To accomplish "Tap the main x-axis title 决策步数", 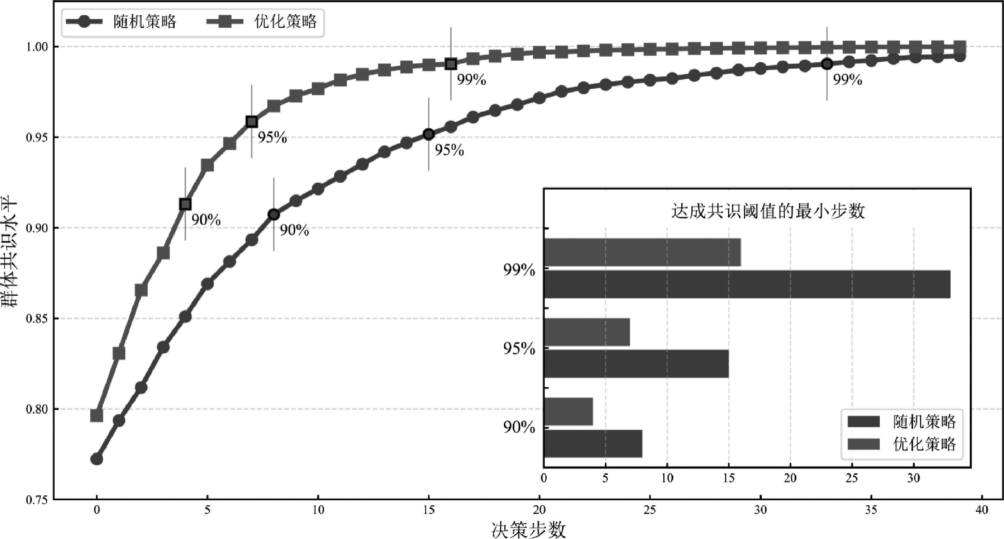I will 528,530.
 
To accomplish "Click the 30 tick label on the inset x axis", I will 914,478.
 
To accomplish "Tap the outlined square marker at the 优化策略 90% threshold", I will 186,204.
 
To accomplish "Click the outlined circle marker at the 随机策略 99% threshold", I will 827,64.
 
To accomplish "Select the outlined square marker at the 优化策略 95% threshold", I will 252,122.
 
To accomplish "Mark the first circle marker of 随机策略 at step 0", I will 97,459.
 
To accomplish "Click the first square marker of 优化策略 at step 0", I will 97,416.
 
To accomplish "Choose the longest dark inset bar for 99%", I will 747,284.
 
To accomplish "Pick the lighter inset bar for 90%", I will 568,411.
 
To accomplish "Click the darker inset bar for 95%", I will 636,364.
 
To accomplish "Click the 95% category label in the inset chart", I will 519,348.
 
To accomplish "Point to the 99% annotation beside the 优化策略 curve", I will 472,80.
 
